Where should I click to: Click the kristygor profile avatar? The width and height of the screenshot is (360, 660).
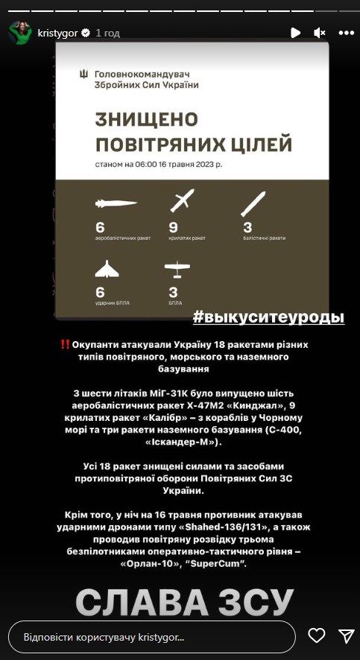(x=20, y=33)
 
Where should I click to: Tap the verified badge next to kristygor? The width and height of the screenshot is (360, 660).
(x=85, y=33)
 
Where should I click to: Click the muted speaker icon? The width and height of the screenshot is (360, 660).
(x=320, y=33)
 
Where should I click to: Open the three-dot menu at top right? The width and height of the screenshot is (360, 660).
(x=347, y=33)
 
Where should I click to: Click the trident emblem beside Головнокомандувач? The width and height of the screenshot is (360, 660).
(x=83, y=74)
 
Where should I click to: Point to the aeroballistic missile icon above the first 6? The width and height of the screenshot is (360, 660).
(x=116, y=203)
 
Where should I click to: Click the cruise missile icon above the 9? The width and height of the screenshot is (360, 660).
(x=182, y=200)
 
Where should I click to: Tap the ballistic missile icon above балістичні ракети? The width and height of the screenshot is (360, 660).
(x=253, y=204)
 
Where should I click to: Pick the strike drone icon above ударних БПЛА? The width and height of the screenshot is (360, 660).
(x=107, y=269)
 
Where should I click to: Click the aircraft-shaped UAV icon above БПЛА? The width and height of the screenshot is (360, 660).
(x=177, y=269)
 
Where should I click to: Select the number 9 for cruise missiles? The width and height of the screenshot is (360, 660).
(x=173, y=228)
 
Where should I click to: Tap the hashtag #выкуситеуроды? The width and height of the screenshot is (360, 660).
(x=268, y=317)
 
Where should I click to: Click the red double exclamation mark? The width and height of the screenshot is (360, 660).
(x=66, y=344)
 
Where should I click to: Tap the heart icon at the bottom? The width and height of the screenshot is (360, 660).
(x=317, y=635)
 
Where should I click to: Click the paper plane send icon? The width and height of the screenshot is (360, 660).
(x=347, y=636)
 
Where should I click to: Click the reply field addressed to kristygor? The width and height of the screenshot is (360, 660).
(x=151, y=637)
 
